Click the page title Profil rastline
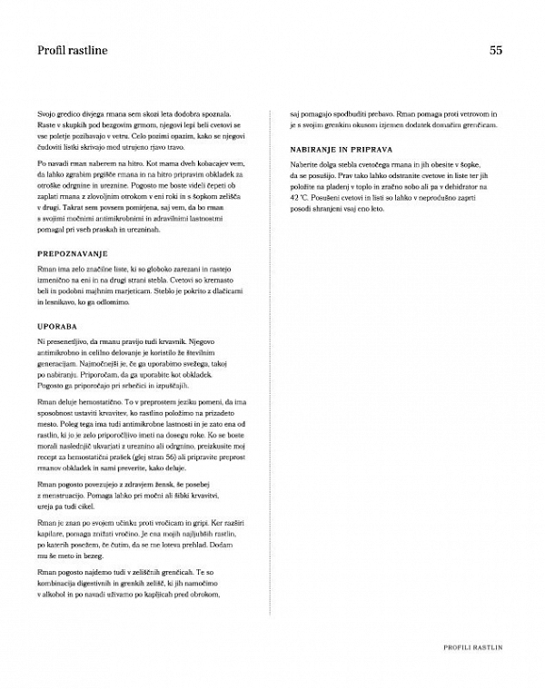[x=66, y=51]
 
